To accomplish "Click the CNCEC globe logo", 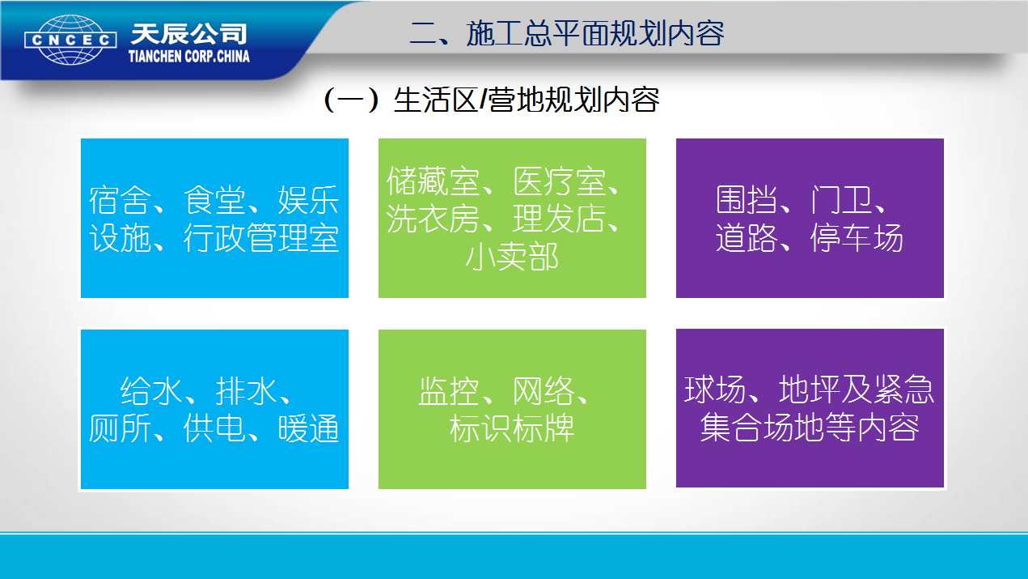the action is point(70,40).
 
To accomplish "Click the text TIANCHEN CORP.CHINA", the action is point(189,57).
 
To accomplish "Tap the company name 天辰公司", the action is point(189,33).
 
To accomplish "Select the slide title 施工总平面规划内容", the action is point(595,33).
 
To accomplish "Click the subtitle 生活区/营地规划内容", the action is point(527,100).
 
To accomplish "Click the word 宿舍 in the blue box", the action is point(121,200).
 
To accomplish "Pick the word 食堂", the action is point(215,200).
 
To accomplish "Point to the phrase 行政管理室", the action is point(261,238).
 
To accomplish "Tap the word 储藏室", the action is point(433,181).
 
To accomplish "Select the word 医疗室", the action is point(560,181).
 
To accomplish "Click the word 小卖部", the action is point(512,257).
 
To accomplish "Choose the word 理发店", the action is point(560,219).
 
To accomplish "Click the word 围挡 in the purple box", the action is point(747,200).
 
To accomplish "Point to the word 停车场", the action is point(857,238).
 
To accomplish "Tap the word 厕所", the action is point(121,428).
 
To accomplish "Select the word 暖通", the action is point(309,428).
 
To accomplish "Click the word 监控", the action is point(448,391).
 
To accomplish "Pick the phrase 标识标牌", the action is point(512,428).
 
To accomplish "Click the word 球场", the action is point(715,390).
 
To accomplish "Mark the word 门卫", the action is point(841,200).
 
